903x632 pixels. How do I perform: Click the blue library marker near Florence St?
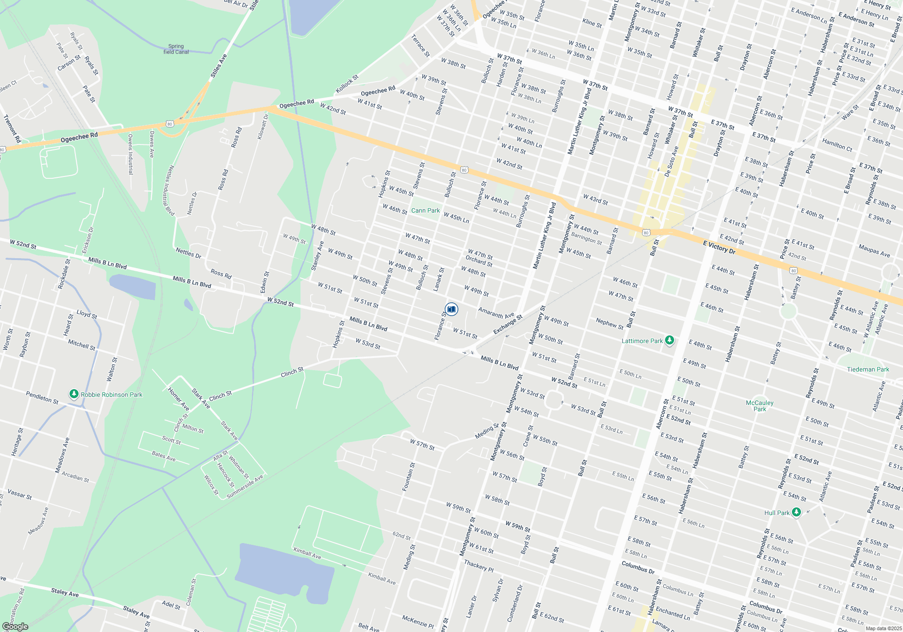point(451,309)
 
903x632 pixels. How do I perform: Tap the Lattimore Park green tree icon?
point(670,340)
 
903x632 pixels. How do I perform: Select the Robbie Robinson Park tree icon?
point(74,394)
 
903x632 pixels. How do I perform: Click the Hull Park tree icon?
point(796,512)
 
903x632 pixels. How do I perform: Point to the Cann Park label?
point(425,210)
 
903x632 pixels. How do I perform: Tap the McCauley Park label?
point(759,406)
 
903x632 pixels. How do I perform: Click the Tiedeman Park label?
point(868,369)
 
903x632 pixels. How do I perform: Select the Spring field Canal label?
point(176,49)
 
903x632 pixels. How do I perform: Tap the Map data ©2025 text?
point(883,628)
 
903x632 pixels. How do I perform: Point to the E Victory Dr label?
point(719,247)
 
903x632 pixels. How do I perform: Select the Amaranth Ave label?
point(496,312)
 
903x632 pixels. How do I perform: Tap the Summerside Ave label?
point(245,487)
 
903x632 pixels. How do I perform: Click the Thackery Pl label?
point(479,565)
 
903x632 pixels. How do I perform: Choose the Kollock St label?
point(347,84)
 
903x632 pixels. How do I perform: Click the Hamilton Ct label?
point(837,145)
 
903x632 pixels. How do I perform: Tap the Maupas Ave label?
point(874,251)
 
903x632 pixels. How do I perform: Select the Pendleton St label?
point(42,398)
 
